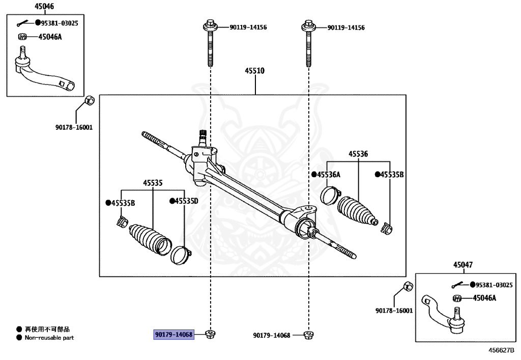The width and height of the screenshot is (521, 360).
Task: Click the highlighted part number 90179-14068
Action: pyautogui.click(x=173, y=335)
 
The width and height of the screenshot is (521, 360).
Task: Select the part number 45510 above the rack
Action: pyautogui.click(x=255, y=71)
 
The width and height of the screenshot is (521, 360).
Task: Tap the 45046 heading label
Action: pyautogui.click(x=44, y=7)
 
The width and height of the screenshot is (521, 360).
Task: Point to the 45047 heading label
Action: pyautogui.click(x=463, y=265)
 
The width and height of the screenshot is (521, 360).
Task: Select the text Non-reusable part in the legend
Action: pyautogui.click(x=49, y=338)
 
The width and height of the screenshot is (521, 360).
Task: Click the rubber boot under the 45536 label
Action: pyautogui.click(x=357, y=209)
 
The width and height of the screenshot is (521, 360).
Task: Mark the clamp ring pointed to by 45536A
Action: pyautogui.click(x=330, y=195)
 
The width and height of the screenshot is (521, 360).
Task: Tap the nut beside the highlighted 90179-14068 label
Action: pyautogui.click(x=209, y=334)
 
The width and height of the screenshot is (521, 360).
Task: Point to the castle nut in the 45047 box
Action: pyautogui.click(x=456, y=298)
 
